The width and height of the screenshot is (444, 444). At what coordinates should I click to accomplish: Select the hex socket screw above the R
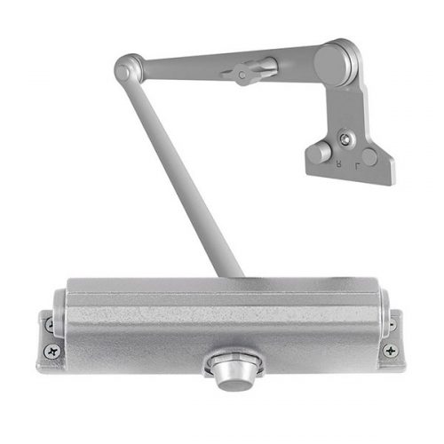tap(345, 139)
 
